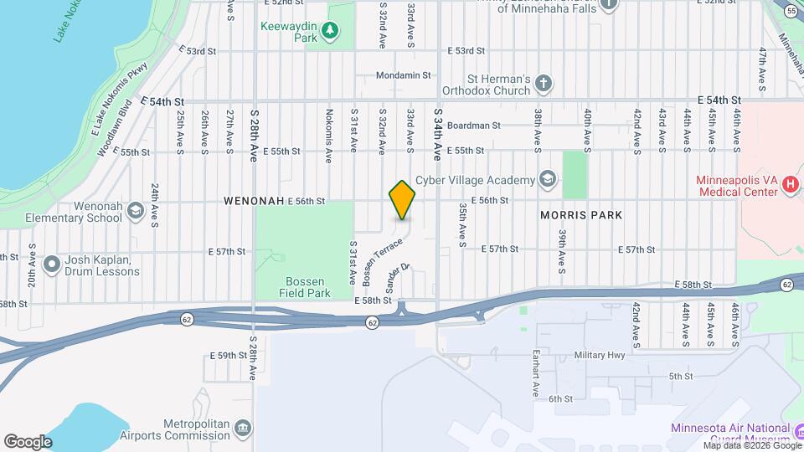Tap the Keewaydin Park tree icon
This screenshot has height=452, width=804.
click(332, 31)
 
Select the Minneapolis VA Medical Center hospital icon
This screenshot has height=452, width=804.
click(790, 187)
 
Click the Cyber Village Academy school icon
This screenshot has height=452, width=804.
click(547, 180)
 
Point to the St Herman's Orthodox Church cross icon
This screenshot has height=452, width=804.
click(544, 83)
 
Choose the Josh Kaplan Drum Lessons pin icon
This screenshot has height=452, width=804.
click(52, 265)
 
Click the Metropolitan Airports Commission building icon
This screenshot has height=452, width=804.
click(243, 429)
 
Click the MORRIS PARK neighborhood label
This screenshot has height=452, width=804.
click(581, 215)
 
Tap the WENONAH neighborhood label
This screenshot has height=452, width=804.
click(253, 202)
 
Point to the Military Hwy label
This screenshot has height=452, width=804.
click(600, 355)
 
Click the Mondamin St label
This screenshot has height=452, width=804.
click(403, 74)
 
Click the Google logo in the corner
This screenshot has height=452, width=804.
click(28, 442)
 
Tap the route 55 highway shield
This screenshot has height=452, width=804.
click(791, 11)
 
